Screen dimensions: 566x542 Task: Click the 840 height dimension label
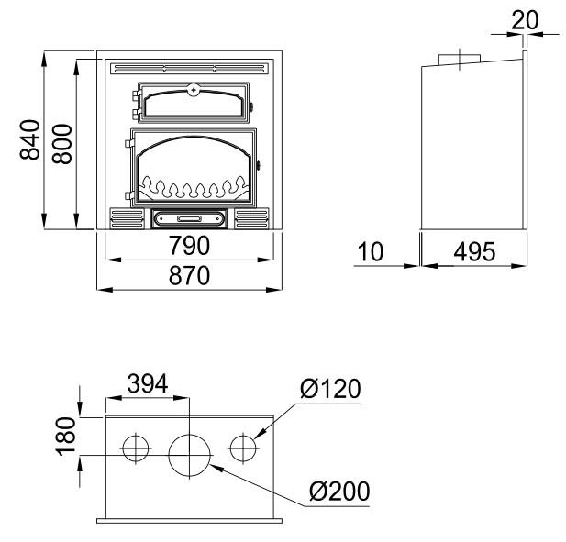click(30, 139)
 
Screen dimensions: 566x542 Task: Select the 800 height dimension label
click(62, 144)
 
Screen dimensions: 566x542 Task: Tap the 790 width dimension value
click(189, 246)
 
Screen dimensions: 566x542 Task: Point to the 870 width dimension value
click(189, 275)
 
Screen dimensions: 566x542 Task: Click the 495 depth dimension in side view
click(474, 251)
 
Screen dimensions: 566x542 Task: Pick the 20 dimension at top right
click(526, 20)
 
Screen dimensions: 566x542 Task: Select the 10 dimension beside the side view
click(371, 251)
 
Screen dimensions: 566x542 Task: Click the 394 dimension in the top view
click(148, 383)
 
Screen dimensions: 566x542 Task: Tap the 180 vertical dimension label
click(66, 437)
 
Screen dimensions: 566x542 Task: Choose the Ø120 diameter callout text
click(330, 388)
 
